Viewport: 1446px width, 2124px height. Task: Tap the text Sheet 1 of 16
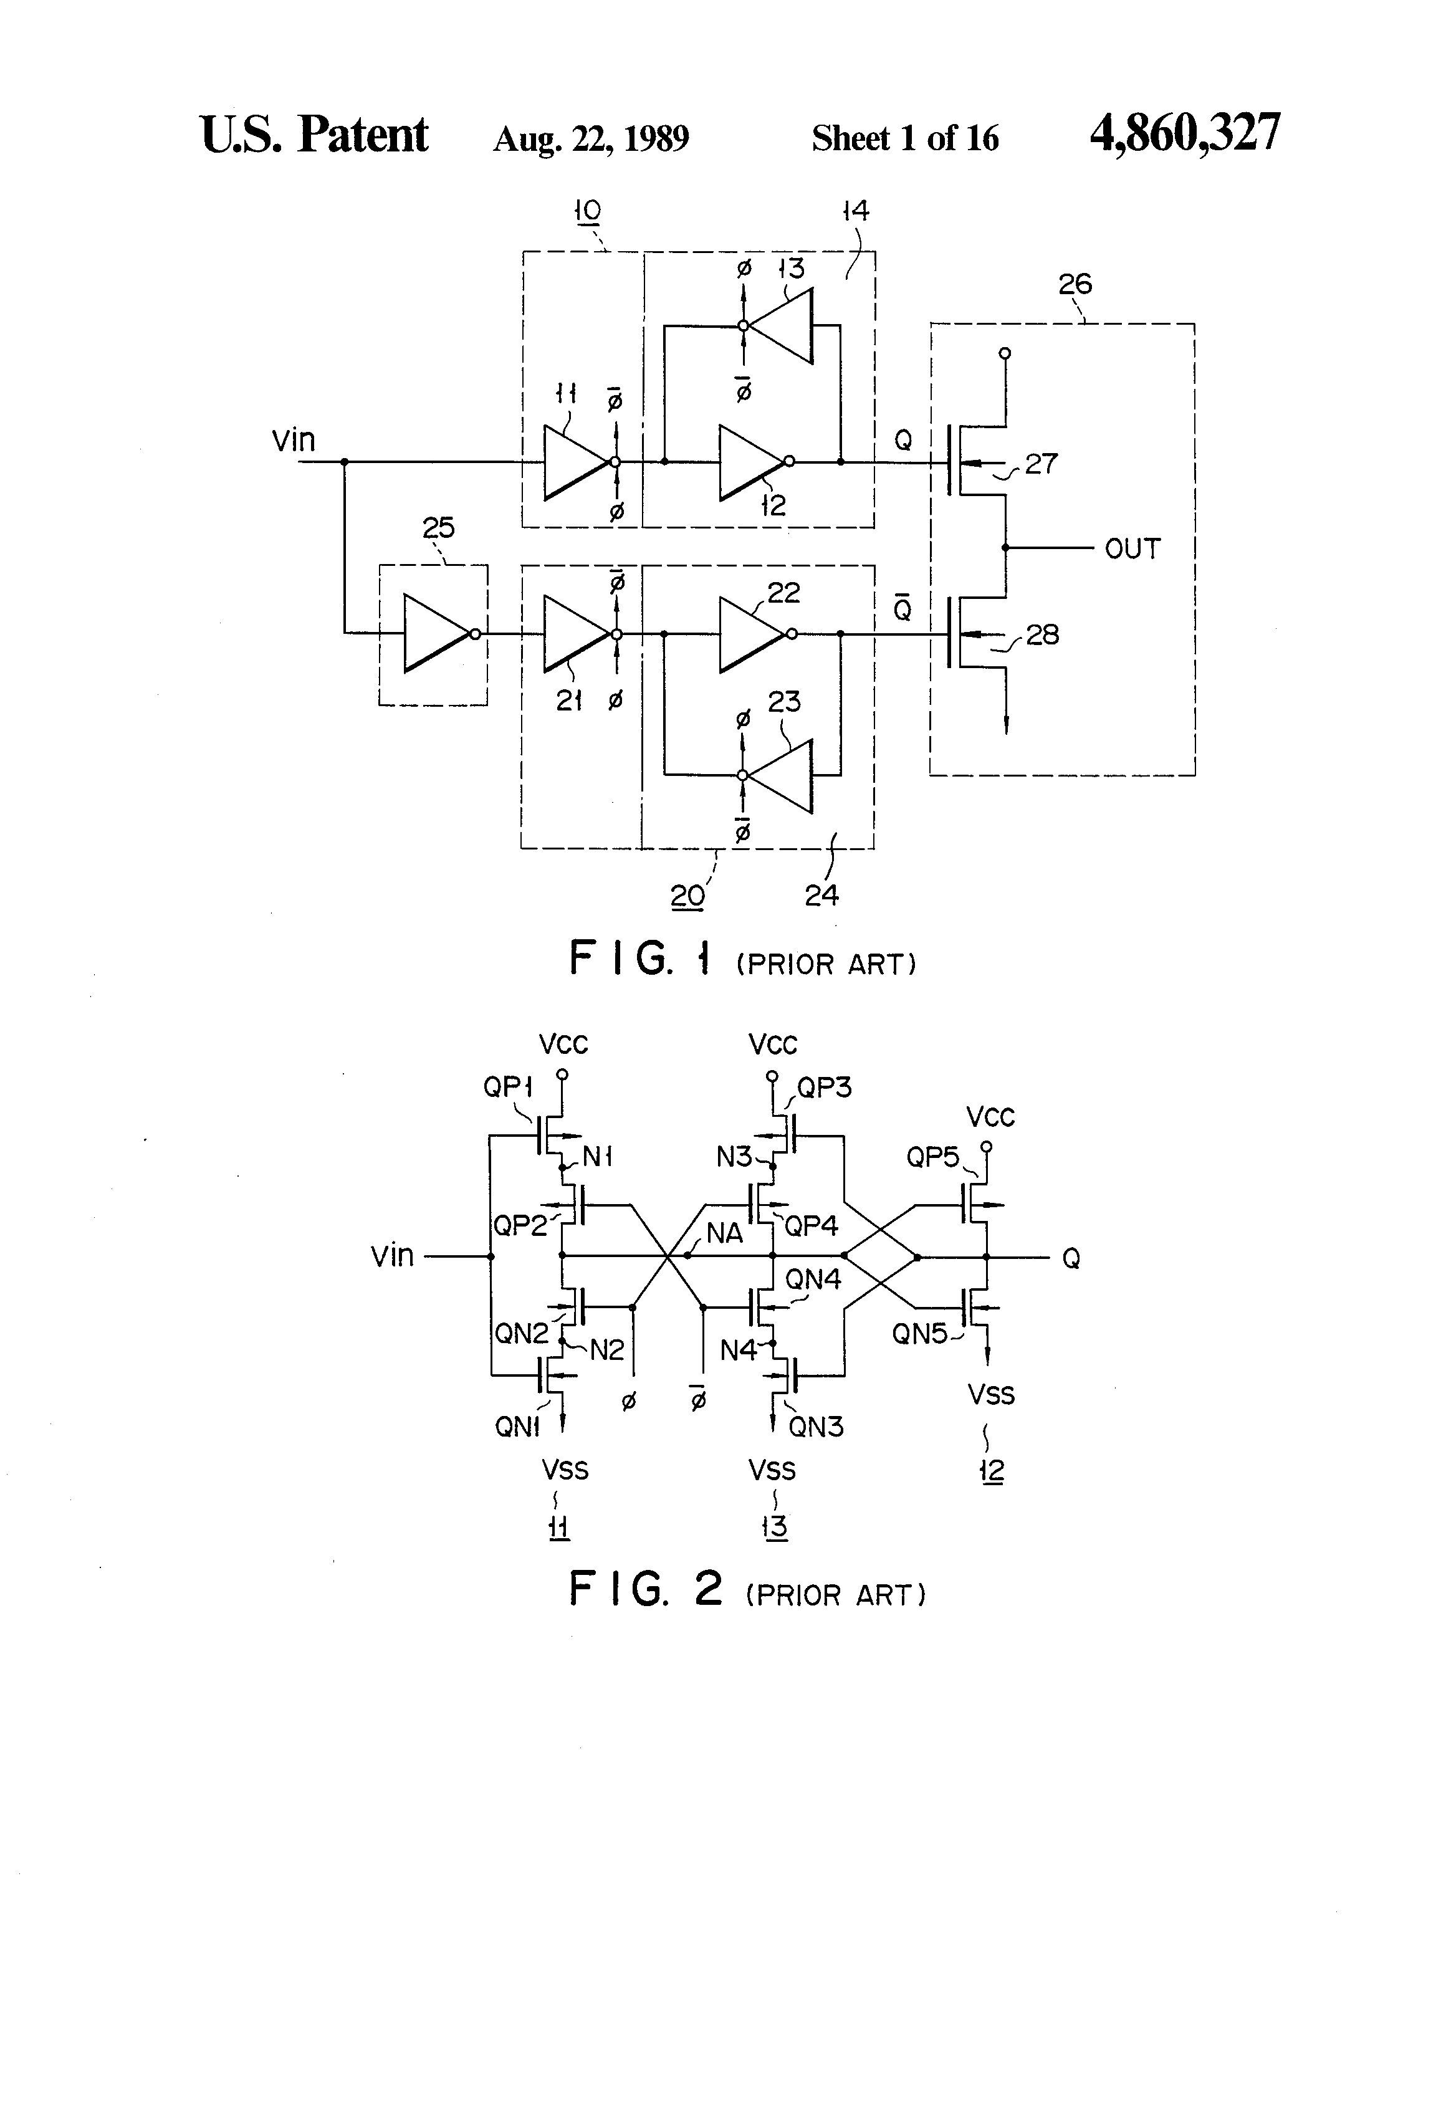[x=905, y=138]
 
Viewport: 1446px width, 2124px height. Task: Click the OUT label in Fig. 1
[x=1132, y=549]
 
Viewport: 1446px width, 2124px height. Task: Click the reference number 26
[x=1075, y=284]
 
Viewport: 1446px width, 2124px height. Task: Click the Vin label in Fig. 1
[x=294, y=441]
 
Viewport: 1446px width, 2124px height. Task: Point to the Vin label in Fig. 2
[x=392, y=1256]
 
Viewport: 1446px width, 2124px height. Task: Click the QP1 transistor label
[x=507, y=1087]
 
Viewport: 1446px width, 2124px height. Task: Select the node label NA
[x=725, y=1233]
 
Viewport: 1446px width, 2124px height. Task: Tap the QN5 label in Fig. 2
[x=919, y=1334]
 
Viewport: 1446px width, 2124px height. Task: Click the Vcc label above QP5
[x=991, y=1117]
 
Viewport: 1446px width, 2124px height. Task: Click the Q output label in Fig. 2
[x=1071, y=1258]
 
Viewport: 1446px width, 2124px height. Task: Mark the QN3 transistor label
[x=815, y=1427]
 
